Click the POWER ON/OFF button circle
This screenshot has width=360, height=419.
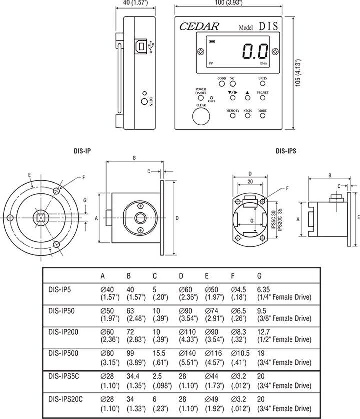tap(201, 98)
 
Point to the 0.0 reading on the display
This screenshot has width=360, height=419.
tap(255, 51)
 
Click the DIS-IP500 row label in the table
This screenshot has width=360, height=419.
tap(65, 352)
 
